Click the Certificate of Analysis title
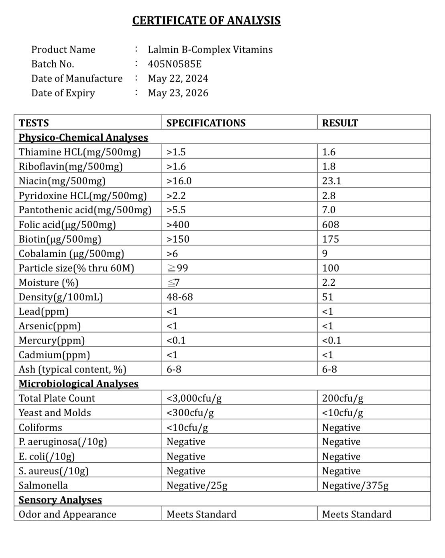206,20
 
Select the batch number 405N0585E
175,64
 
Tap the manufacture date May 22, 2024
178,78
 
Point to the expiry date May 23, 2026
178,93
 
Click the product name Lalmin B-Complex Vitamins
210,49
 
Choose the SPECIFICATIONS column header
206,123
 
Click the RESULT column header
340,123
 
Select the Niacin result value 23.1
331,181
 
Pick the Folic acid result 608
330,225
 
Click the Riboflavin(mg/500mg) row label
71,166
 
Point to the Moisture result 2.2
328,282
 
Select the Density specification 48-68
179,297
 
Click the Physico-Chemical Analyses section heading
83,137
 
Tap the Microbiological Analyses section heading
78,384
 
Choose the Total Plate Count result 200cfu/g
342,398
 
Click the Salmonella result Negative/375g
355,485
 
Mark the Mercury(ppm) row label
51,340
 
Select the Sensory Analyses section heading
60,500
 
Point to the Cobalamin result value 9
325,253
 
